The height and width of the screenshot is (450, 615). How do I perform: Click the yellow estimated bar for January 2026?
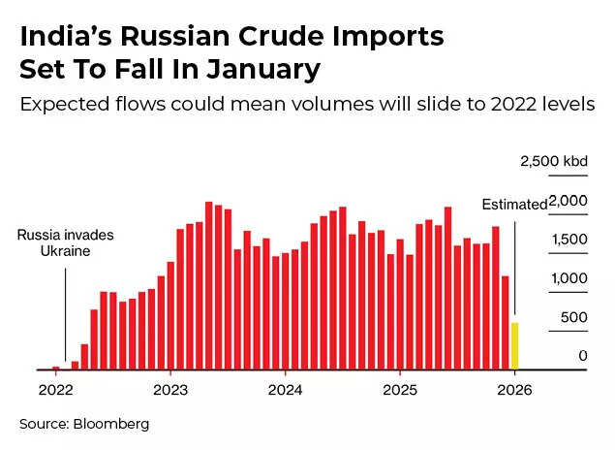pyautogui.click(x=514, y=346)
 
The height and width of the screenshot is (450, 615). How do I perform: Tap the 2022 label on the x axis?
pyautogui.click(x=55, y=390)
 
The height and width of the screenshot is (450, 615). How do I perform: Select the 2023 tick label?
pyautogui.click(x=170, y=390)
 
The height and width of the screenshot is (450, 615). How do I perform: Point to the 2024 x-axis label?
pyautogui.click(x=285, y=390)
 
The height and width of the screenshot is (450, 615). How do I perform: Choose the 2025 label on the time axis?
pyautogui.click(x=400, y=390)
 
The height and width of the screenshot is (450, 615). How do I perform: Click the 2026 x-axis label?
pyautogui.click(x=514, y=390)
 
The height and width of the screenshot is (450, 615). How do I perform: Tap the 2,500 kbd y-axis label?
pyautogui.click(x=554, y=162)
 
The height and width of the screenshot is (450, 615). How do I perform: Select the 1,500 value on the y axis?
pyautogui.click(x=569, y=240)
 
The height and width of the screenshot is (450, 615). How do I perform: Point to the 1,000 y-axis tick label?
pyautogui.click(x=569, y=278)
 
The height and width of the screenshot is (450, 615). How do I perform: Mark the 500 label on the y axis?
pyautogui.click(x=575, y=317)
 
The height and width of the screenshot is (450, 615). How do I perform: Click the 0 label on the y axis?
pyautogui.click(x=583, y=356)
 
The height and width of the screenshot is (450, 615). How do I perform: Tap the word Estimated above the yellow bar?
pyautogui.click(x=514, y=204)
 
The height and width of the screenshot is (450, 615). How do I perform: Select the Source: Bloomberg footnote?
pyautogui.click(x=85, y=424)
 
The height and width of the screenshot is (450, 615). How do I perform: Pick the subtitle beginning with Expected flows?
pyautogui.click(x=307, y=104)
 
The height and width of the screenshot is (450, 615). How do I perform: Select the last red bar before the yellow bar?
pyautogui.click(x=505, y=323)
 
